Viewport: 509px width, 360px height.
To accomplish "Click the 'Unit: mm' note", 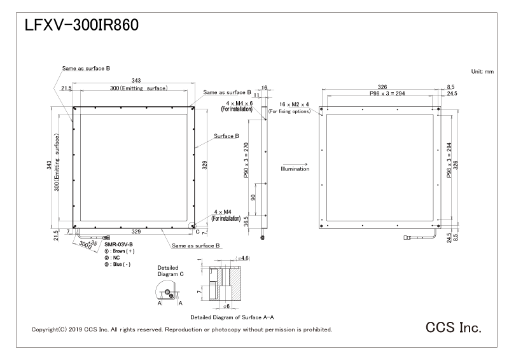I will pyautogui.click(x=482, y=72).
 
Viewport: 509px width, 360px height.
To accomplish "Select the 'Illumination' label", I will pyautogui.click(x=295, y=169).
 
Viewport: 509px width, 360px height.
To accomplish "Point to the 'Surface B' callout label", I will pyautogui.click(x=226, y=136).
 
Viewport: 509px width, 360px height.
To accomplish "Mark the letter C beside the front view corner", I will pyautogui.click(x=197, y=232).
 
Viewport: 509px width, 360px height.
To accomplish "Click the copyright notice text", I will pyautogui.click(x=181, y=330).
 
